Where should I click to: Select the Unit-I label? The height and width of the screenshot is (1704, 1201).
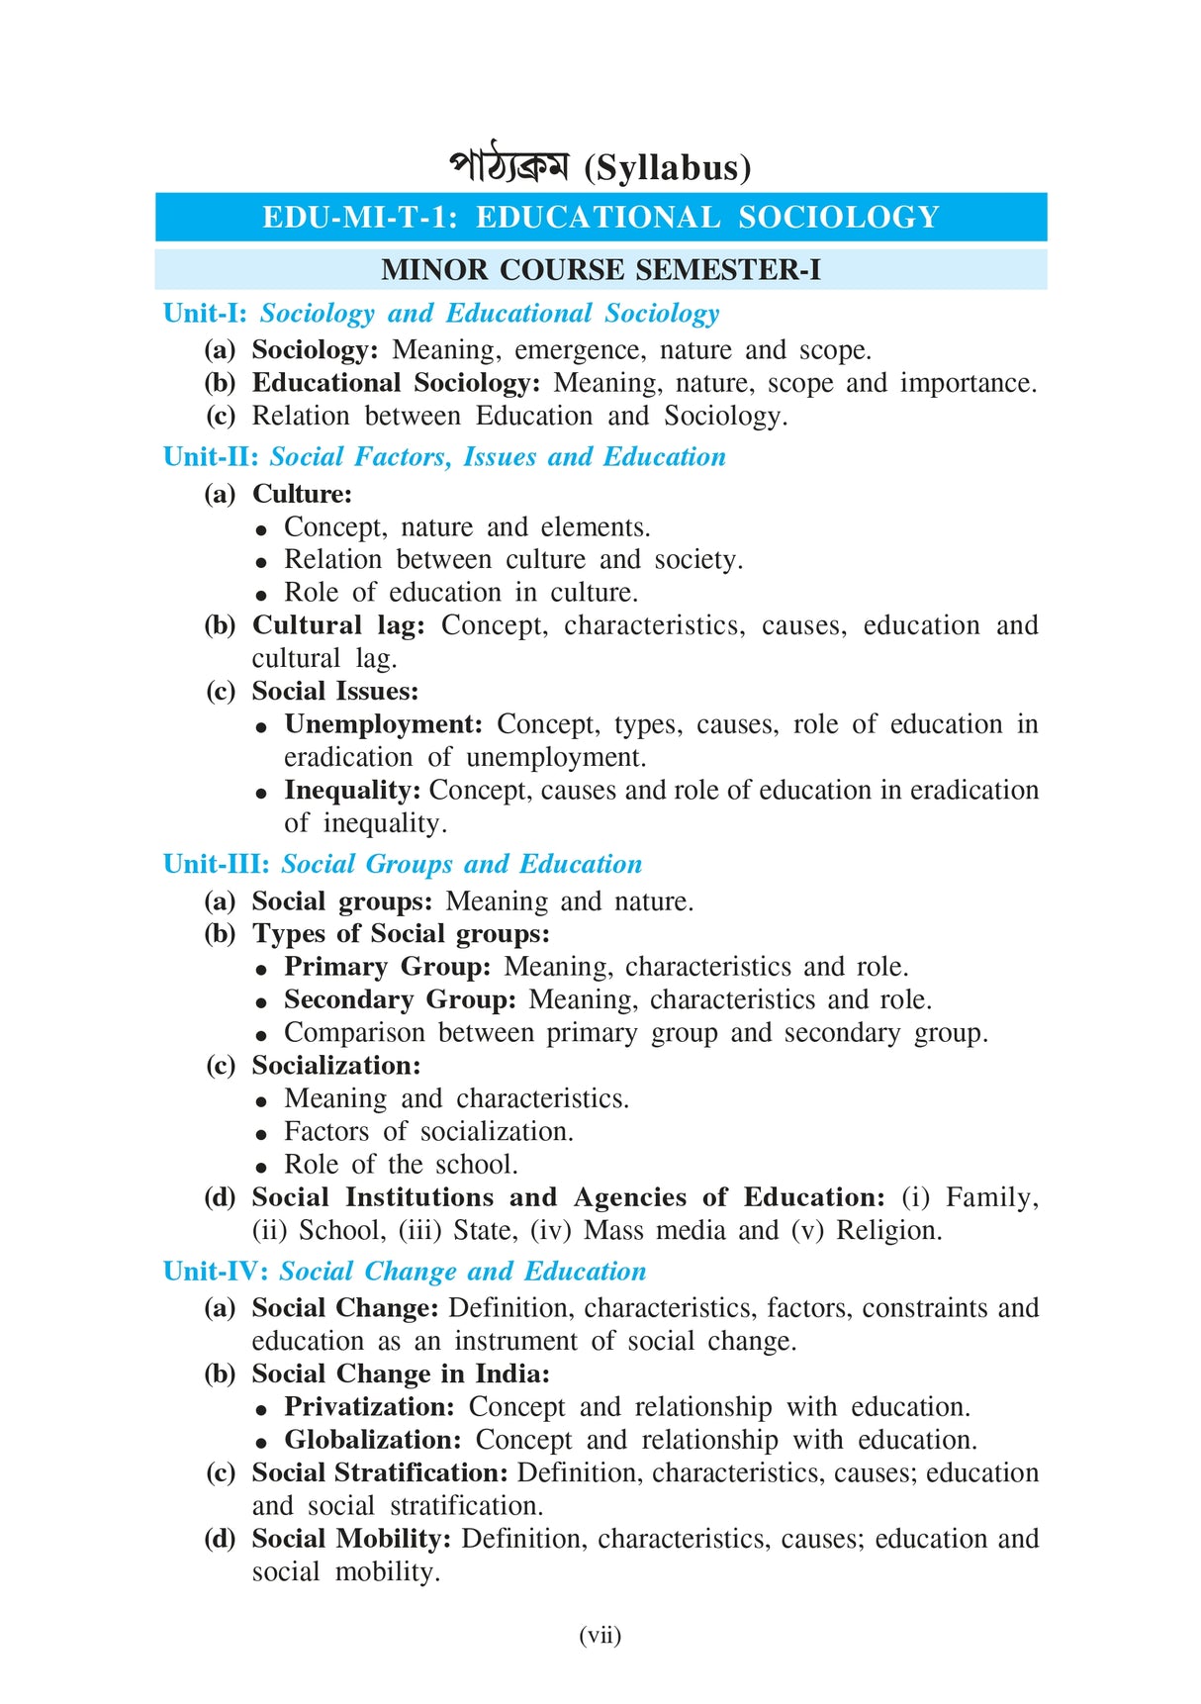coord(205,314)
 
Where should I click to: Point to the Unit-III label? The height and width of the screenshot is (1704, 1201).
coord(217,864)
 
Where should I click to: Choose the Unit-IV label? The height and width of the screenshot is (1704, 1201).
coord(216,1272)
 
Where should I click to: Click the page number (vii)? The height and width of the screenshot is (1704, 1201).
coord(600,1635)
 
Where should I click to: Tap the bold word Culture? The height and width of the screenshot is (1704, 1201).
coord(302,494)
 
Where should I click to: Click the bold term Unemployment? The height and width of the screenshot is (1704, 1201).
coord(383,724)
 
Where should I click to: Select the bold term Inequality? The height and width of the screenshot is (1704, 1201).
coord(352,791)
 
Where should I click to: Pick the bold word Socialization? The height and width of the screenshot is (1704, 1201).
coord(336,1066)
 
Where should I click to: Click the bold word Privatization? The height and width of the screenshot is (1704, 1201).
coord(369,1407)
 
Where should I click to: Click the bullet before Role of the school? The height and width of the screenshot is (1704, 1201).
coord(261,1167)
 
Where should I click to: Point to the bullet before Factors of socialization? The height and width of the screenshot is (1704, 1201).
coord(261,1134)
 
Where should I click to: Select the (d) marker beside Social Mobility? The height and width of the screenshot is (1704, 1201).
coord(220,1540)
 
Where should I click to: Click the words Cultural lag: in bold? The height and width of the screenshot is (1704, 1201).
coord(338,625)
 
